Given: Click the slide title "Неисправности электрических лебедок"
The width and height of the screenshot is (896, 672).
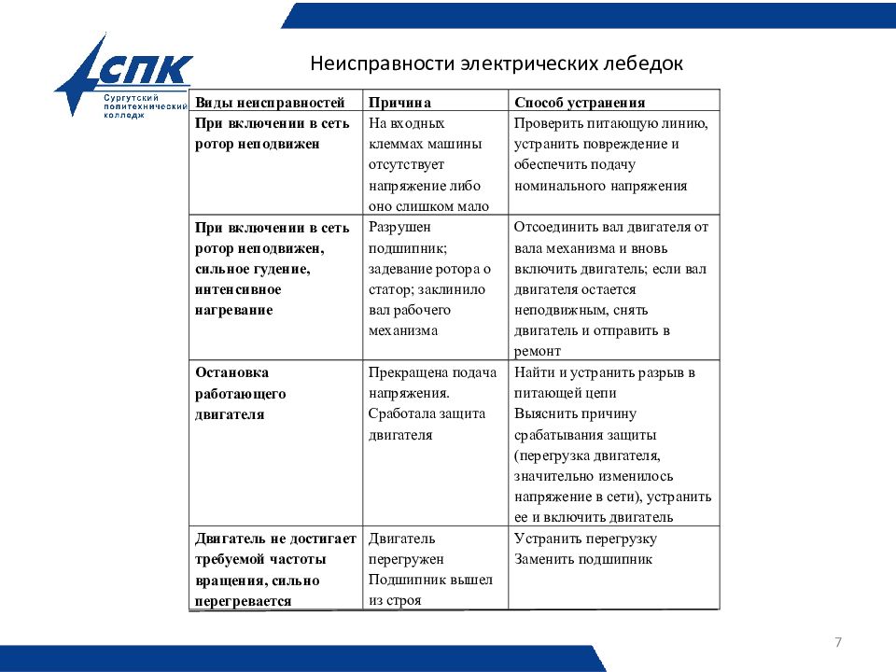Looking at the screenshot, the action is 497,64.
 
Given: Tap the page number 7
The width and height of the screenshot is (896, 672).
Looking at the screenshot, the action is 837,642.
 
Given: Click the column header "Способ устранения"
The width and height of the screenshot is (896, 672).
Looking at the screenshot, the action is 580,103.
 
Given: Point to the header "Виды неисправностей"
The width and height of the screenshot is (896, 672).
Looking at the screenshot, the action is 271,103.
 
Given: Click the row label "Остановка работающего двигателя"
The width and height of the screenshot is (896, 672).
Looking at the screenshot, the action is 241,393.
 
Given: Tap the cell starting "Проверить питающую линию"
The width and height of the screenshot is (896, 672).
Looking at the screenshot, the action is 611,154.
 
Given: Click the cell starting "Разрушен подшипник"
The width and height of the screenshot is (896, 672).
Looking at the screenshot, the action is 427,278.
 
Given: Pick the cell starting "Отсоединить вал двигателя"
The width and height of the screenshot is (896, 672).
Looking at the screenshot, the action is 611,288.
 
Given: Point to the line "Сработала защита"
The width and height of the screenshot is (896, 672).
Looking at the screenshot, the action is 427,413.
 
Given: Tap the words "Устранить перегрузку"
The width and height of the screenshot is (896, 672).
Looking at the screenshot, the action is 585,539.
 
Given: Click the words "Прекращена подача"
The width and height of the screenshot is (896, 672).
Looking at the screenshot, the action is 432,372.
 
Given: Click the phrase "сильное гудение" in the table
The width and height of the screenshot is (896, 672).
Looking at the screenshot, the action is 252,269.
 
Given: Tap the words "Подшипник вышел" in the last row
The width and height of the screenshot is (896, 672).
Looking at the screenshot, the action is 430,580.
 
